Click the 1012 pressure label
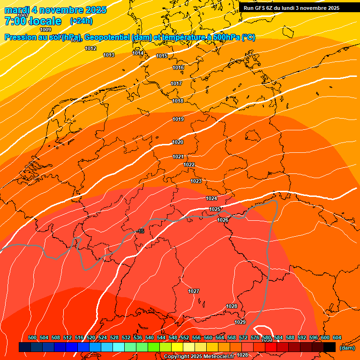click(x=90, y=49)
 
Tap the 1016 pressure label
click(x=178, y=68)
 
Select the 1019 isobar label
click(x=178, y=120)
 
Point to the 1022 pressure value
click(x=189, y=165)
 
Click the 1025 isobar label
click(x=215, y=210)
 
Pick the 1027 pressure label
click(x=194, y=292)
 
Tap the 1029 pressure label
click(x=240, y=322)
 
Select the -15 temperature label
click(x=141, y=232)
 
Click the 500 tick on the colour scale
click(x=32, y=338)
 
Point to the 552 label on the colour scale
click(x=185, y=338)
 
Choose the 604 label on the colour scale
click(x=337, y=338)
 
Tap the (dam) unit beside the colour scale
click(x=347, y=348)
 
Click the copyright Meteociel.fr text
click(x=199, y=357)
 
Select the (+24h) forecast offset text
click(x=81, y=21)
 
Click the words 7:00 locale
click(x=33, y=21)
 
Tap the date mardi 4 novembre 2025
click(x=55, y=10)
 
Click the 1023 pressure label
click(x=196, y=181)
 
